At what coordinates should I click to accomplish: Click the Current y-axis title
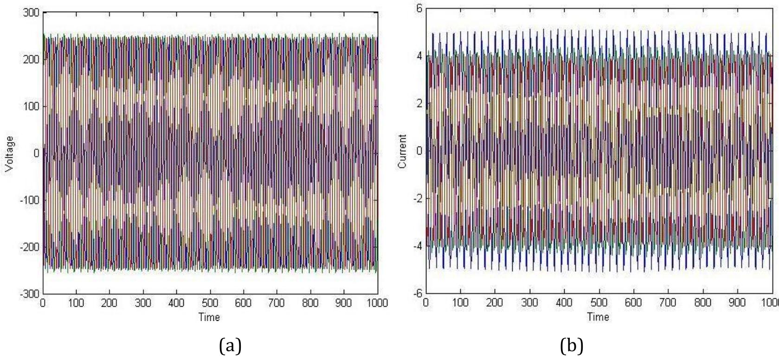point(403,152)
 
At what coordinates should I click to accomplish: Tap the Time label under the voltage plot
point(209,317)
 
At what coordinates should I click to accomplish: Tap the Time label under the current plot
point(598,317)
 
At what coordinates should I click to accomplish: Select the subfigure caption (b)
point(572,346)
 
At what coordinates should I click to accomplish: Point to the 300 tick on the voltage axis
point(32,13)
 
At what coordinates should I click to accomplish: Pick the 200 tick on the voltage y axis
point(32,59)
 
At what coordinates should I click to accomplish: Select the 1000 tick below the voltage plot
point(376,303)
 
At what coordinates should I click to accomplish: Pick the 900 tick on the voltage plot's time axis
point(344,303)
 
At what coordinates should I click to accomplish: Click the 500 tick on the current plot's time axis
point(599,302)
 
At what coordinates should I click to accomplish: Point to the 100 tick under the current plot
point(460,302)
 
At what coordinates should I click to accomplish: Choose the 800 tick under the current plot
point(702,302)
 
